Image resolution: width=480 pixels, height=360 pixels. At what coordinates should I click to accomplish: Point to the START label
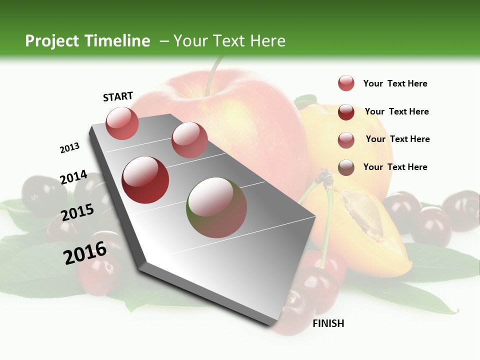pyautogui.click(x=118, y=96)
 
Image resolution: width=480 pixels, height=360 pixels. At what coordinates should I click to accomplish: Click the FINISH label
pyautogui.click(x=328, y=323)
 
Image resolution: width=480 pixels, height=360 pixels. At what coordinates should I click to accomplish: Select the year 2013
pyautogui.click(x=70, y=148)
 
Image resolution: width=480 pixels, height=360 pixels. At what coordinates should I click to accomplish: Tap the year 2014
pyautogui.click(x=74, y=177)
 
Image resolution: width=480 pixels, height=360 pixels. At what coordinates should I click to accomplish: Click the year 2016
pyautogui.click(x=85, y=253)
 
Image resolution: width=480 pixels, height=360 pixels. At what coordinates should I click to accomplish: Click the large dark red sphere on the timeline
pyautogui.click(x=145, y=180)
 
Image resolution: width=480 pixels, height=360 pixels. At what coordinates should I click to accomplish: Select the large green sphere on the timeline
pyautogui.click(x=216, y=207)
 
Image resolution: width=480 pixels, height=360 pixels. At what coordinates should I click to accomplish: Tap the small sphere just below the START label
pyautogui.click(x=122, y=123)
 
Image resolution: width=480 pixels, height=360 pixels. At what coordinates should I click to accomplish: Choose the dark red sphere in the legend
pyautogui.click(x=346, y=111)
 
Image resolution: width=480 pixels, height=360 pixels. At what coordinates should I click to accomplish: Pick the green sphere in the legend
pyautogui.click(x=346, y=167)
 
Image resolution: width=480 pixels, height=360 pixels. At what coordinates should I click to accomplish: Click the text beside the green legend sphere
pyautogui.click(x=395, y=167)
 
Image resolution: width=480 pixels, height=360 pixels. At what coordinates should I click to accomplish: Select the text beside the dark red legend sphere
pyautogui.click(x=396, y=111)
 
